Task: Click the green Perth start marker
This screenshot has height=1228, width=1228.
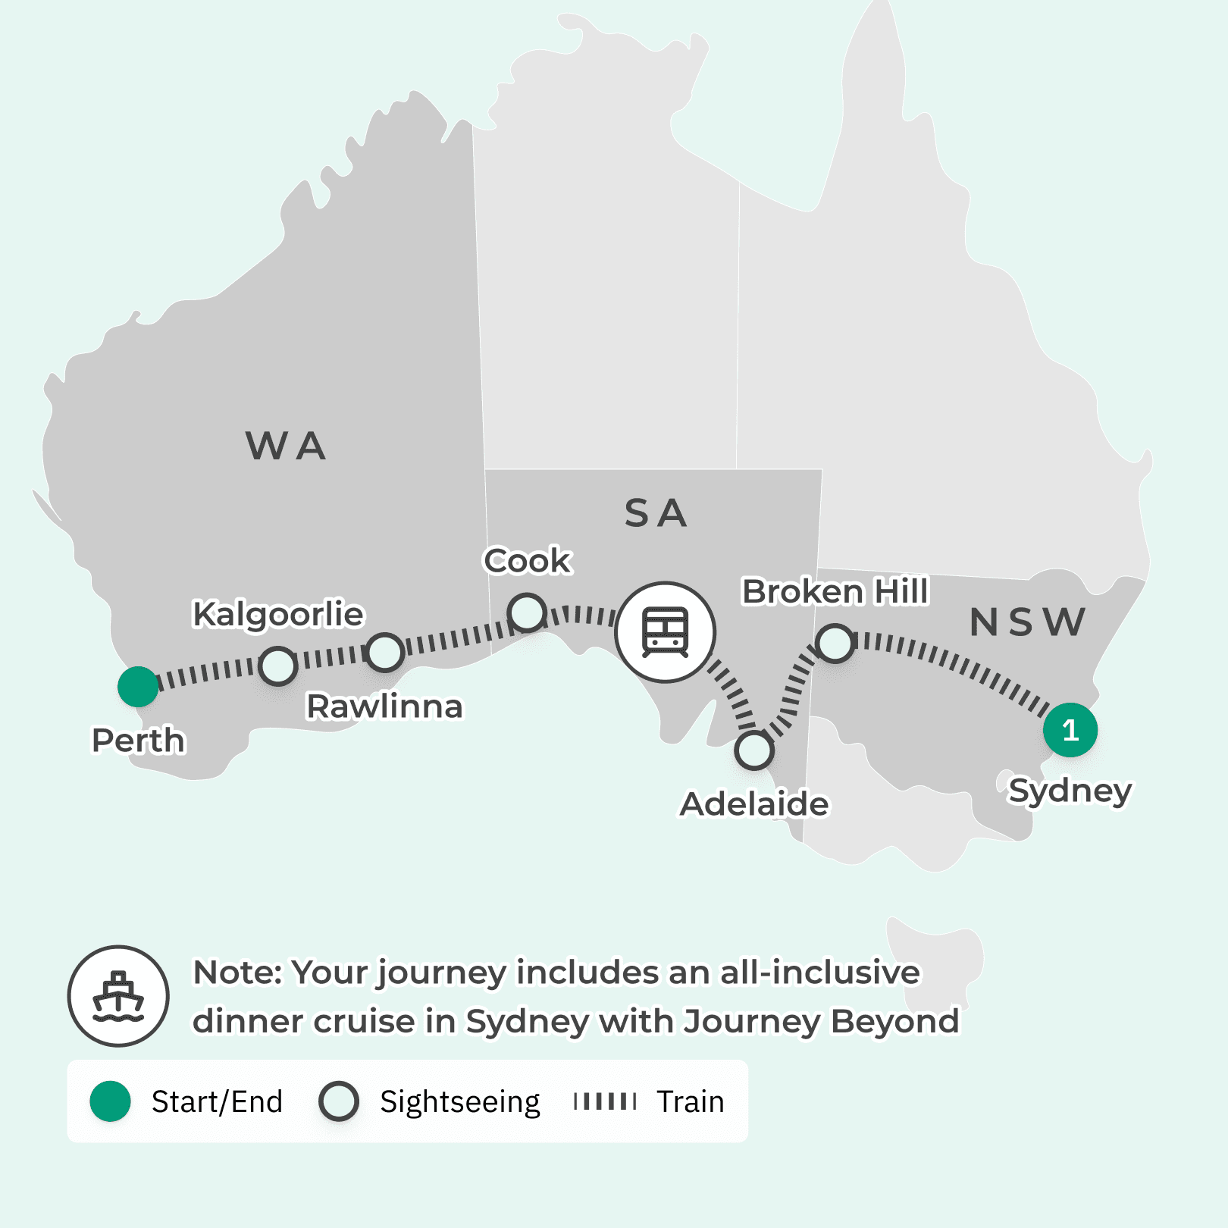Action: (x=138, y=687)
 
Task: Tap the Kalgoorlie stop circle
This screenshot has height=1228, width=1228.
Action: (x=278, y=666)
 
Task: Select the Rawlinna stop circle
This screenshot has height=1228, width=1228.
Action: (x=385, y=652)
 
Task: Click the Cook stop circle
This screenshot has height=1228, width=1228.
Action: (x=527, y=612)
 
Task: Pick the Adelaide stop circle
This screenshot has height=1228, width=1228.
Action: (x=753, y=750)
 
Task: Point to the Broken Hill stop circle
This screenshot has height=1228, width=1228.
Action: (x=835, y=644)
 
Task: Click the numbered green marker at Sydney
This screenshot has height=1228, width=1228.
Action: (x=1070, y=730)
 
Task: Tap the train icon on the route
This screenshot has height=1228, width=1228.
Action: (x=665, y=632)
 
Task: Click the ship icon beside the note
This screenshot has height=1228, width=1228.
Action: (x=118, y=996)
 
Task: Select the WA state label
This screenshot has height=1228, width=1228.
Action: (x=286, y=446)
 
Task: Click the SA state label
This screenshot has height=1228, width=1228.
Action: (x=656, y=513)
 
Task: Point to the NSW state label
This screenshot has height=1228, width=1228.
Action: (x=1027, y=622)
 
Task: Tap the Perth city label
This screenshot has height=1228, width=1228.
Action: (x=138, y=741)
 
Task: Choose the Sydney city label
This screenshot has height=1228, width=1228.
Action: (x=1070, y=791)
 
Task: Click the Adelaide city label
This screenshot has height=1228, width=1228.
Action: (x=754, y=804)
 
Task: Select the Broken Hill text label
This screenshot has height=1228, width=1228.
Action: (x=835, y=591)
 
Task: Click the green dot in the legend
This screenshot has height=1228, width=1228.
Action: (x=111, y=1101)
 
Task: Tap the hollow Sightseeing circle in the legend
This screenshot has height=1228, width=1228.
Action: (x=339, y=1101)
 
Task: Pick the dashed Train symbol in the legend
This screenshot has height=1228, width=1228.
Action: (x=605, y=1101)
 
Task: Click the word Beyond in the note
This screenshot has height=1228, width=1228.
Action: (x=894, y=1021)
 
